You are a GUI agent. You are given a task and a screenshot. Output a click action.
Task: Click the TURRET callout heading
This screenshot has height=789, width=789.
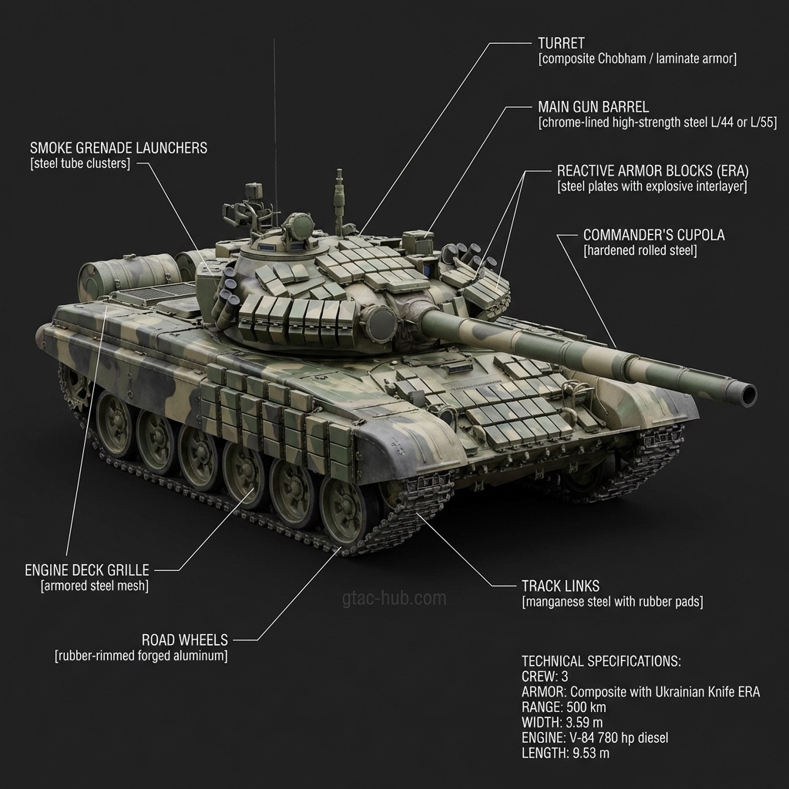click(561, 43)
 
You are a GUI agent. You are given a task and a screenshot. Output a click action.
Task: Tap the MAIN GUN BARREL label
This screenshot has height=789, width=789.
click(593, 107)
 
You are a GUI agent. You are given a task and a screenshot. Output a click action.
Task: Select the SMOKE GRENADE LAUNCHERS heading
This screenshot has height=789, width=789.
click(119, 148)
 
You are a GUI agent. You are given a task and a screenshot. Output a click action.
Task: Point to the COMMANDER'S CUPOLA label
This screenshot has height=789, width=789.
click(654, 235)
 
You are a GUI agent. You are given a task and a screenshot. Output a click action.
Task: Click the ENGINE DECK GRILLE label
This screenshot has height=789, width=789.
click(87, 570)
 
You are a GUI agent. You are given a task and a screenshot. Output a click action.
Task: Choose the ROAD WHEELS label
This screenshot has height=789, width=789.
click(185, 640)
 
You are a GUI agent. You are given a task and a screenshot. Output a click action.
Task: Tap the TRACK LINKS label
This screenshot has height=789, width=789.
click(560, 586)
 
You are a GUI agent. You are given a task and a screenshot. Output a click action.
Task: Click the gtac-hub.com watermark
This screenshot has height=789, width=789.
click(394, 598)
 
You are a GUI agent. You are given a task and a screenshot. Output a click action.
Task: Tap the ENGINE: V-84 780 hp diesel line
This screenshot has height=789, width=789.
click(595, 738)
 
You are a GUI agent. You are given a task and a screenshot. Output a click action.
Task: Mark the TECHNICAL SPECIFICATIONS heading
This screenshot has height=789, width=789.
click(601, 661)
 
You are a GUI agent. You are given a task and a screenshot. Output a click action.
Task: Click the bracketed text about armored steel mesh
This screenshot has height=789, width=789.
click(94, 586)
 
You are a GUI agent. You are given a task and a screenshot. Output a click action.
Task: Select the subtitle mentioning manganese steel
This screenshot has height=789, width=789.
click(613, 602)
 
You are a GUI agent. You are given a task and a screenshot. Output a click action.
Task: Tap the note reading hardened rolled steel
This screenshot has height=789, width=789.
click(640, 251)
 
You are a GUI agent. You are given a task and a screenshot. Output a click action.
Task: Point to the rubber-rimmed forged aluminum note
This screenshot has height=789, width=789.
click(141, 656)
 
